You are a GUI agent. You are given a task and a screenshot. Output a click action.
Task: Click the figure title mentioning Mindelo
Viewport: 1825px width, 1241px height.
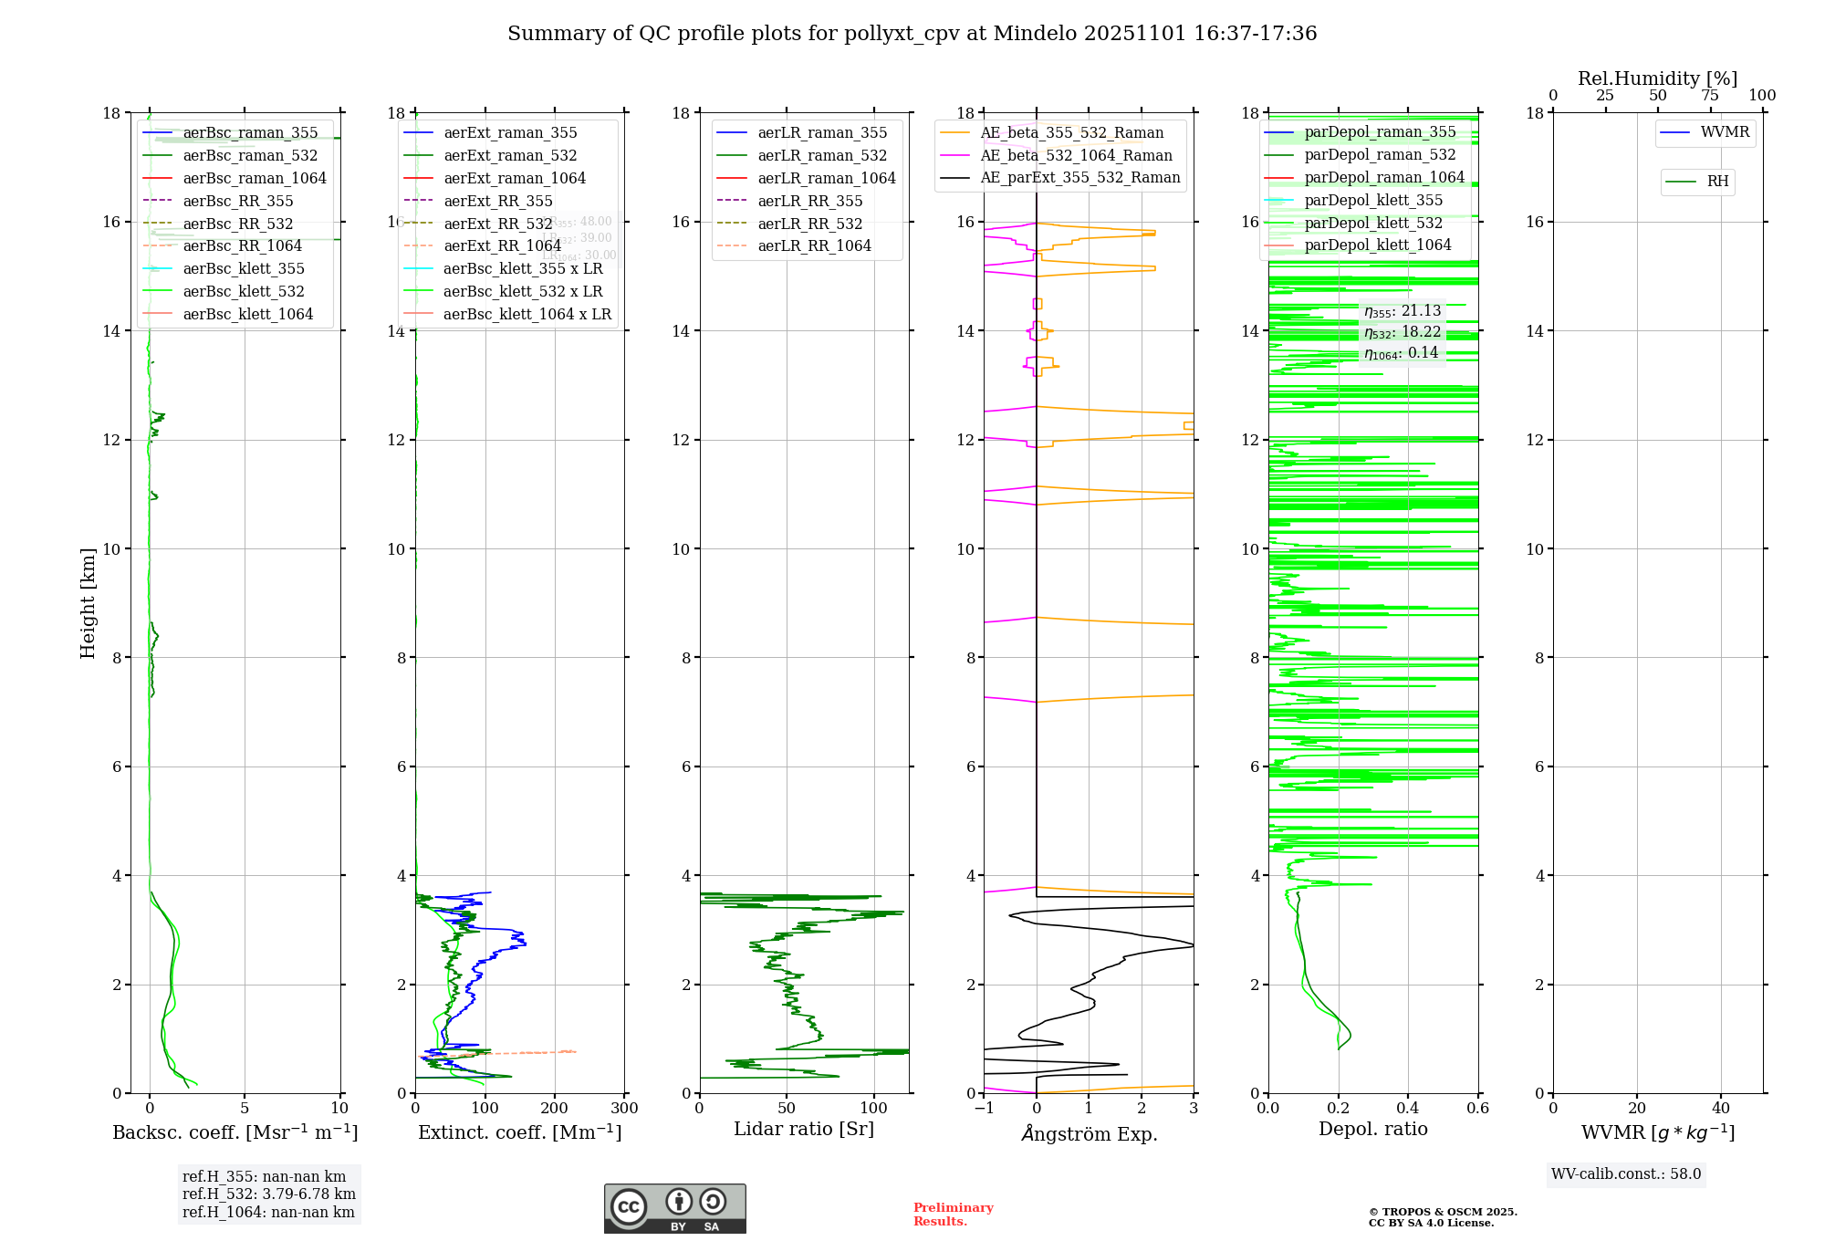[x=912, y=34]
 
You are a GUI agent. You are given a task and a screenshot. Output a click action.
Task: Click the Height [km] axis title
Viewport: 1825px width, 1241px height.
[x=88, y=602]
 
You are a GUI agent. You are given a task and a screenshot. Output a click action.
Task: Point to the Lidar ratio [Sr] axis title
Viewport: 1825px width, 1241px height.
[x=804, y=1130]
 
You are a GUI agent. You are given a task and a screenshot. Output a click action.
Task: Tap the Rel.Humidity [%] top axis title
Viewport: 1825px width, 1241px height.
[x=1657, y=78]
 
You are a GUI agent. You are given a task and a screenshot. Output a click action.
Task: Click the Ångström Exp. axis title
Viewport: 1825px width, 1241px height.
[x=1089, y=1134]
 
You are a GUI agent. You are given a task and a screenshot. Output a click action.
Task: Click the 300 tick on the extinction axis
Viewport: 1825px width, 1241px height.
[x=625, y=1109]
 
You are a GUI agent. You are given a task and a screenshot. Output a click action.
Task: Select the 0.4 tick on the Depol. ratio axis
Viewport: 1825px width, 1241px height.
[x=1408, y=1109]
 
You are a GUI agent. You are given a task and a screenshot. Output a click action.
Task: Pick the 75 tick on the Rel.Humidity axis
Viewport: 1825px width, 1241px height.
[x=1710, y=96]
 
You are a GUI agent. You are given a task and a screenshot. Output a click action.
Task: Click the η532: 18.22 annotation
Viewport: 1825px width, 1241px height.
[x=1403, y=332]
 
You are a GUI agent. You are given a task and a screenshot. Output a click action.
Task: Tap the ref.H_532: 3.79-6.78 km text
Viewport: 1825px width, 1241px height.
[x=268, y=1194]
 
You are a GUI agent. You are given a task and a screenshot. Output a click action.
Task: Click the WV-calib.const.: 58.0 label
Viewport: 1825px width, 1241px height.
[x=1626, y=1174]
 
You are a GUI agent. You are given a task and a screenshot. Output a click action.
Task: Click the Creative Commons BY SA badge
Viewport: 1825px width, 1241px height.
[x=674, y=1209]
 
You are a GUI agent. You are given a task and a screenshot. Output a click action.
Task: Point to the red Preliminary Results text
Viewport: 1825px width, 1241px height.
[x=953, y=1215]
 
